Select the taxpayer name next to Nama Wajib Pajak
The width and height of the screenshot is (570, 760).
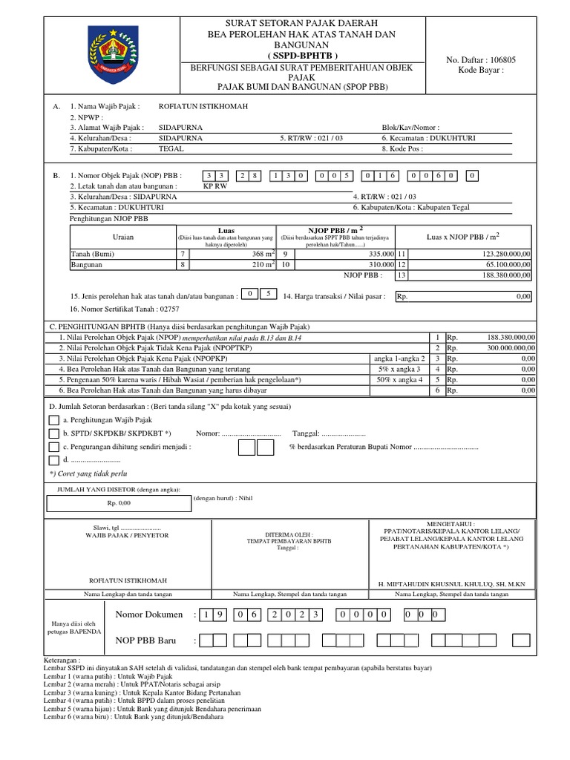204,106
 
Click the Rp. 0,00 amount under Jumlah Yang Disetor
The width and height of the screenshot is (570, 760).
118,502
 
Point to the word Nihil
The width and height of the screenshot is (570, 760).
242,499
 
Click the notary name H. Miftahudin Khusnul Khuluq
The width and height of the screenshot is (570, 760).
451,583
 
